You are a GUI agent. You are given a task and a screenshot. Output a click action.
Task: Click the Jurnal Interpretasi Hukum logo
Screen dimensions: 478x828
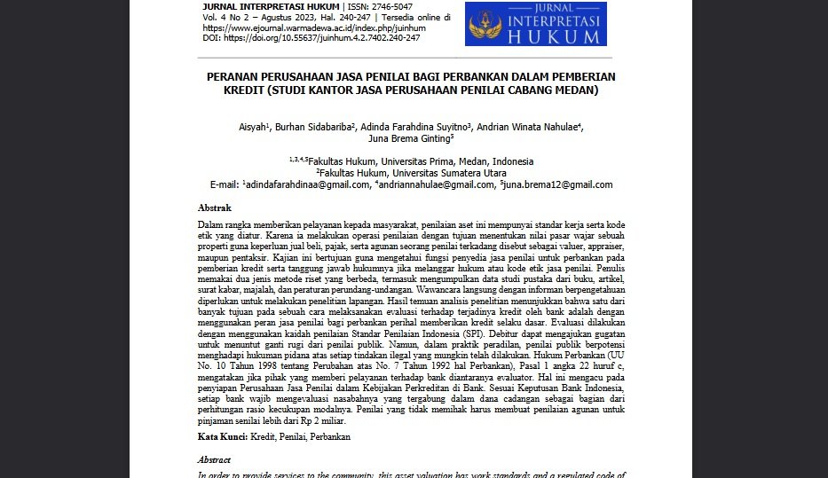pyautogui.click(x=535, y=23)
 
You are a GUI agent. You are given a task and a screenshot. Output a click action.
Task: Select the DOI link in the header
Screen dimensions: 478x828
pyautogui.click(x=322, y=38)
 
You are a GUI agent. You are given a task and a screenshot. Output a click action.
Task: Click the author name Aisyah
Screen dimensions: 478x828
pyautogui.click(x=252, y=127)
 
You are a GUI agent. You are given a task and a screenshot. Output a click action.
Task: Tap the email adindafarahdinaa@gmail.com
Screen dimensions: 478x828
pyautogui.click(x=307, y=184)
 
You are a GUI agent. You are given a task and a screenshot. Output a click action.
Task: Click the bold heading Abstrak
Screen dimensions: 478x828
pyautogui.click(x=214, y=208)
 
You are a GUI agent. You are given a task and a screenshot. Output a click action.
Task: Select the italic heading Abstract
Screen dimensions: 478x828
pyautogui.click(x=214, y=460)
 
